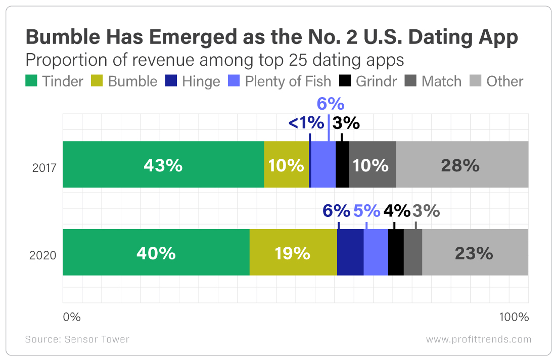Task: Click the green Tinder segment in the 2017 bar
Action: [x=163, y=164]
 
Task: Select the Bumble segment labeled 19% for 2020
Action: [x=293, y=252]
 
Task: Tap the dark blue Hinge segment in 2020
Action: [x=350, y=252]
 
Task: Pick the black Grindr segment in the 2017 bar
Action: [x=343, y=164]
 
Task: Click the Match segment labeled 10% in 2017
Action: [x=373, y=164]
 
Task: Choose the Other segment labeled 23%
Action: [x=475, y=252]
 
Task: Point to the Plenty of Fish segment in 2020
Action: [x=376, y=252]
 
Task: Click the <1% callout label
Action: [x=306, y=123]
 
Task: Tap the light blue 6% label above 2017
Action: [x=331, y=104]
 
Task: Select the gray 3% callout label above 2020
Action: [x=426, y=211]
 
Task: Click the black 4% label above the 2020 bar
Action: [x=397, y=211]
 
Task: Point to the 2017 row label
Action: [x=44, y=167]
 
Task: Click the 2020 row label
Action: [x=43, y=255]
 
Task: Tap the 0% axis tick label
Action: [x=72, y=317]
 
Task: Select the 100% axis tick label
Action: [x=514, y=317]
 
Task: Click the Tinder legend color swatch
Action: [x=31, y=81]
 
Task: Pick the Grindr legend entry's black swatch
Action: [x=345, y=81]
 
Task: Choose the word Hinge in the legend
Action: [x=201, y=81]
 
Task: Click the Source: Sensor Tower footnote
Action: [x=77, y=339]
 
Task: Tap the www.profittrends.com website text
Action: [x=479, y=340]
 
